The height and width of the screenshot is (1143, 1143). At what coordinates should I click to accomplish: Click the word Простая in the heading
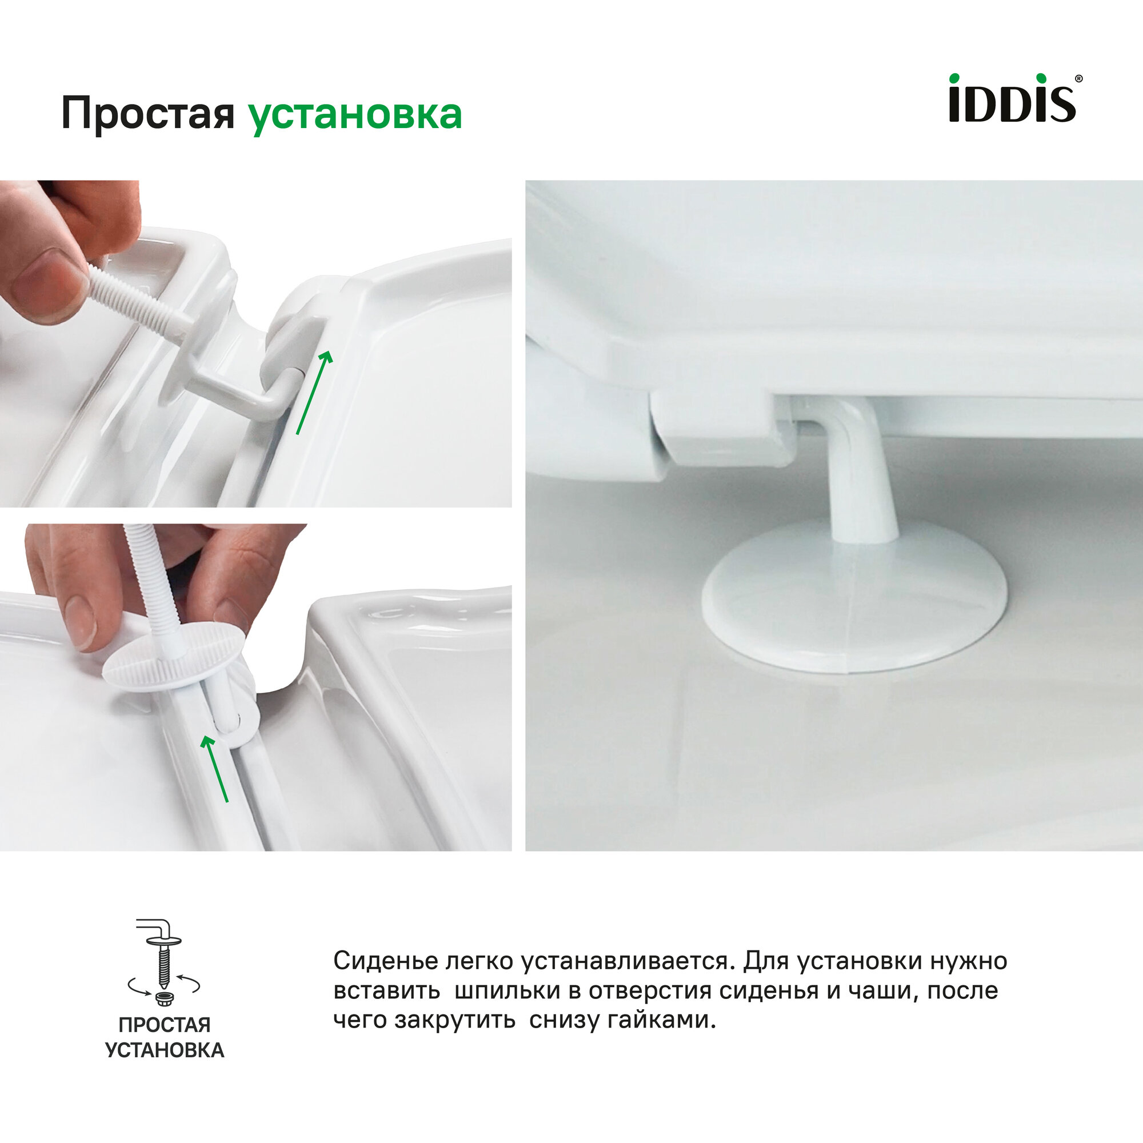pos(148,114)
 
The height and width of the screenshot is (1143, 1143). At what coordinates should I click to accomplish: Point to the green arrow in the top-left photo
pos(314,392)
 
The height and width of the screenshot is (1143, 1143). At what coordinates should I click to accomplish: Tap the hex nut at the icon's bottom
pos(164,1000)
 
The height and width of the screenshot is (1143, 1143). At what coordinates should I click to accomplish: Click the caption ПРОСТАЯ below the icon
pos(165,1025)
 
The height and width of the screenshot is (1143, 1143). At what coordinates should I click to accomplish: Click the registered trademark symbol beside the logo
pos(1078,79)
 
